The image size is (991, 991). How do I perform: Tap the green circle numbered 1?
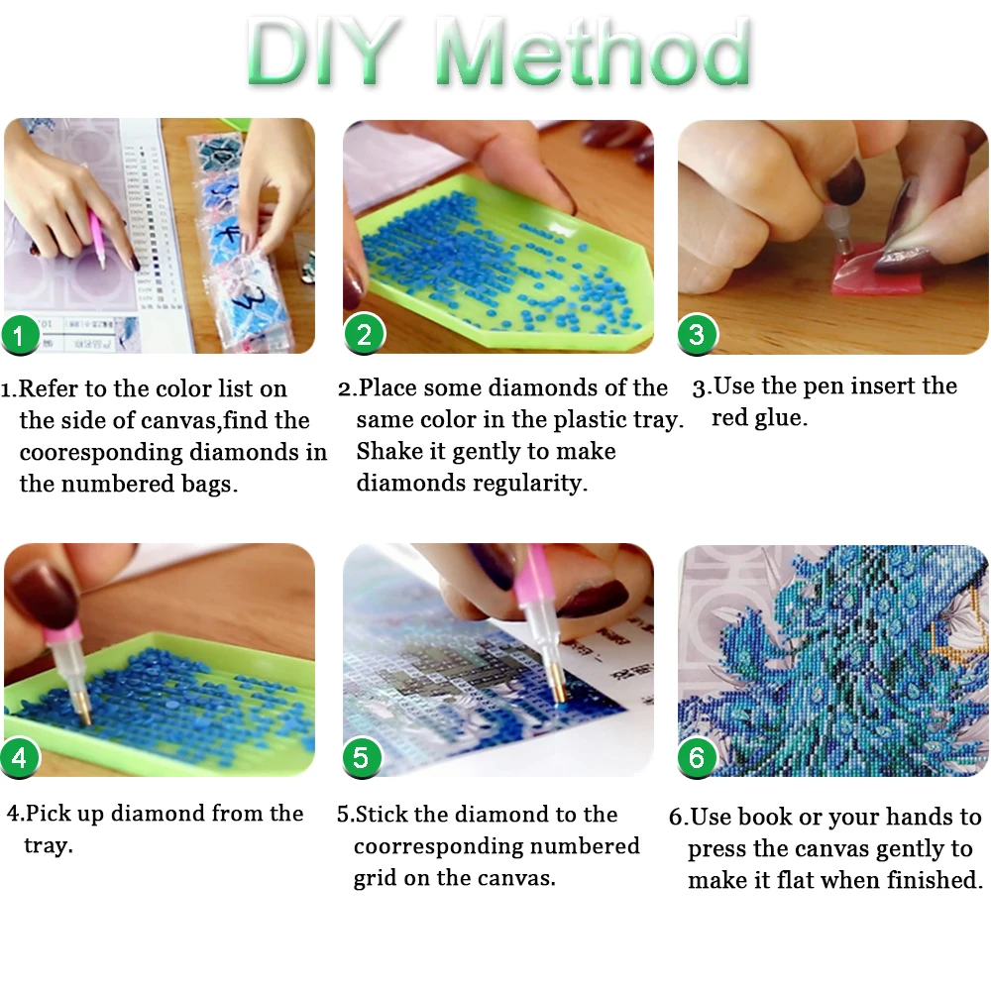[x=20, y=335]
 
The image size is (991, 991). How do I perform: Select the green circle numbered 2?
[x=364, y=334]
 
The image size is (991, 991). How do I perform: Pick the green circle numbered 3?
[x=697, y=334]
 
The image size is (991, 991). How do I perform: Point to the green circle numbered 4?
[x=20, y=758]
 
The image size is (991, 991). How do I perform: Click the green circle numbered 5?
[x=362, y=757]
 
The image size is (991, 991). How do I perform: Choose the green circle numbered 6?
[x=697, y=757]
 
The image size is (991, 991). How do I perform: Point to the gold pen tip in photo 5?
[x=557, y=688]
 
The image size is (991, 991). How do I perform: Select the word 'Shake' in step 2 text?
[x=389, y=451]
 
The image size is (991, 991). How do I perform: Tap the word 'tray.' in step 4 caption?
[x=48, y=845]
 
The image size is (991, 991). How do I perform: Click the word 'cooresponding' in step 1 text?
[x=101, y=453]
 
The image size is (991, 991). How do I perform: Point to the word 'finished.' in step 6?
[x=935, y=880]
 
